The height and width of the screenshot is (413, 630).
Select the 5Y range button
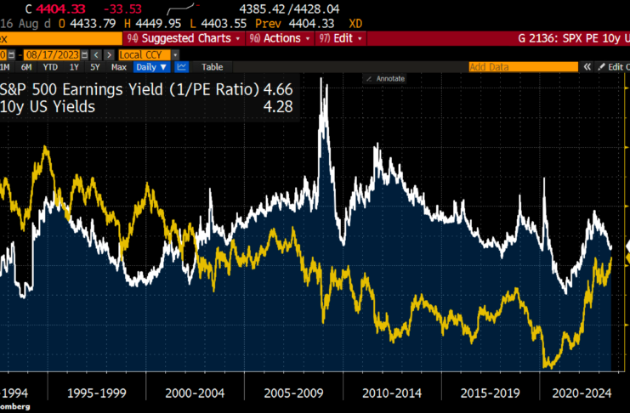95,66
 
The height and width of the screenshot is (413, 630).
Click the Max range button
119,66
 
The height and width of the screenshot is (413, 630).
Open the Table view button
212,66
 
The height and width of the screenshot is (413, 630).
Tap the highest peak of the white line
322,79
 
